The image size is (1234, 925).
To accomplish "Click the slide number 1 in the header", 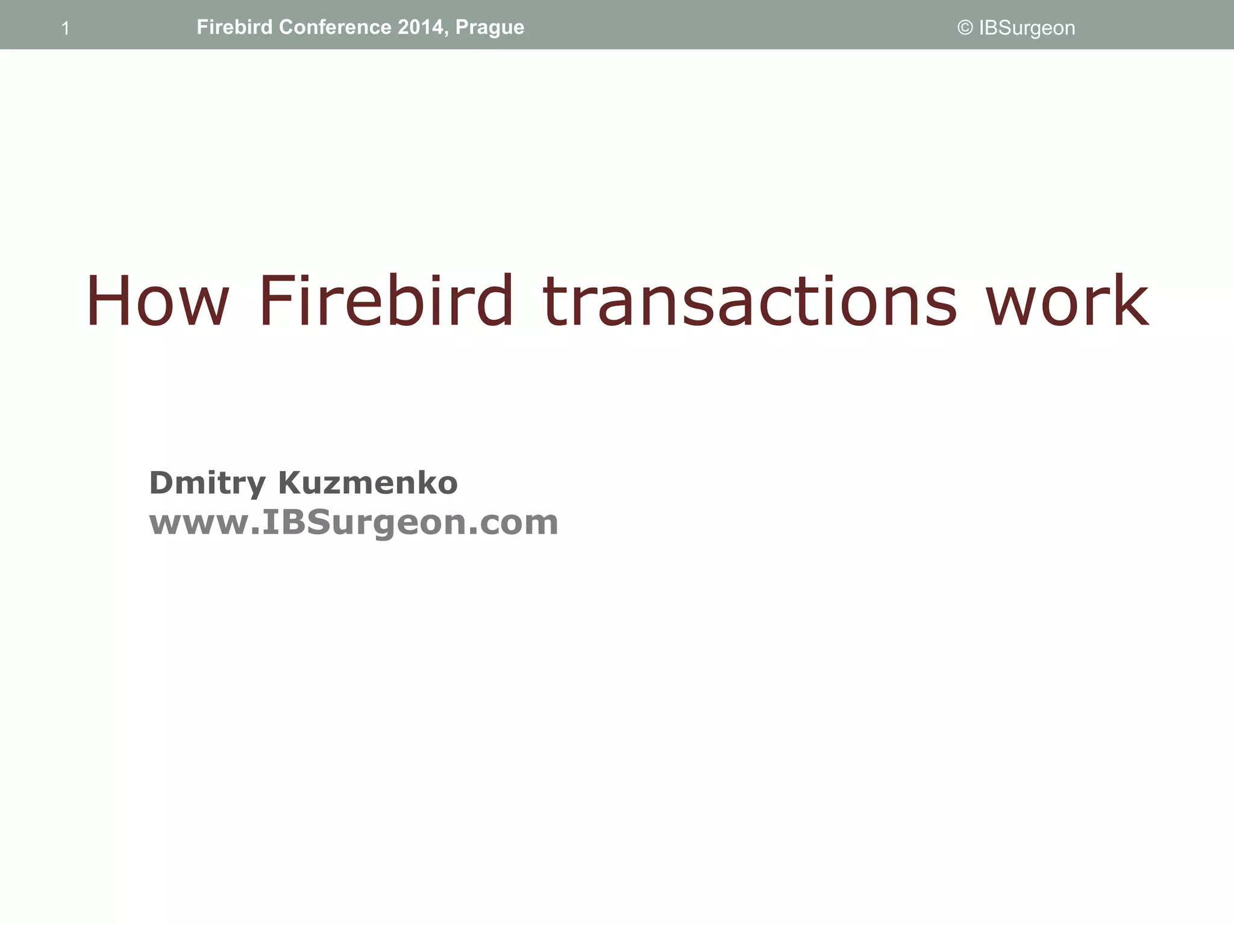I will pyautogui.click(x=66, y=28).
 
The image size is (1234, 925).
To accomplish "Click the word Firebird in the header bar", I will pyautogui.click(x=234, y=27).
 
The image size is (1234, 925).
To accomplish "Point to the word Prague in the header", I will pyautogui.click(x=490, y=28).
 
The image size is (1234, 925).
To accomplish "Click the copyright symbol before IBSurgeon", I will pyautogui.click(x=965, y=28).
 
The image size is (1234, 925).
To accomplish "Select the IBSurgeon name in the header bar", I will pyautogui.click(x=1027, y=28).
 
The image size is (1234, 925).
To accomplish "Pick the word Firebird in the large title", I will pyautogui.click(x=386, y=301).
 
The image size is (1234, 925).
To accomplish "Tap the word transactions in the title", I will pyautogui.click(x=749, y=301).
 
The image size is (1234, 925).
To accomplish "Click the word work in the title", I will pyautogui.click(x=1066, y=301).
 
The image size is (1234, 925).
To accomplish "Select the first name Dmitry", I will pyautogui.click(x=207, y=483).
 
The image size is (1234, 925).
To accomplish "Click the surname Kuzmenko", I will pyautogui.click(x=368, y=482).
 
